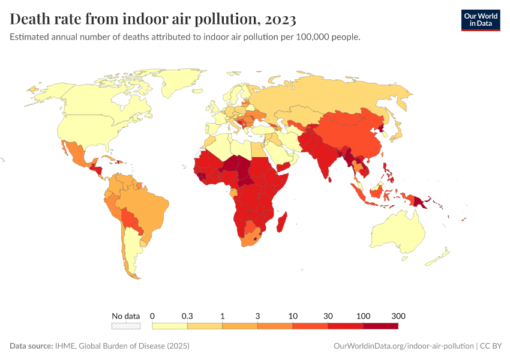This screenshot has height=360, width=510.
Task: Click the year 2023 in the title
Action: pyautogui.click(x=280, y=20)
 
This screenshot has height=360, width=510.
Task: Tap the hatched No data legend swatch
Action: pyautogui.click(x=126, y=326)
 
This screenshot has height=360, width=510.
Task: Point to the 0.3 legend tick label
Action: pyautogui.click(x=187, y=316)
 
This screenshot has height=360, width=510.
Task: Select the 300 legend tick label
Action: pyautogui.click(x=398, y=316)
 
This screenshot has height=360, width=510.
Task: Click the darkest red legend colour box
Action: pyautogui.click(x=380, y=326)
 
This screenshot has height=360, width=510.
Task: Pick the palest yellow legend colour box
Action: pyautogui.click(x=170, y=326)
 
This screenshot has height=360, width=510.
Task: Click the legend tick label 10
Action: pyautogui.click(x=293, y=316)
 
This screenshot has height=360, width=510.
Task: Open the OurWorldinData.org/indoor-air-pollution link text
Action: pyautogui.click(x=403, y=346)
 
